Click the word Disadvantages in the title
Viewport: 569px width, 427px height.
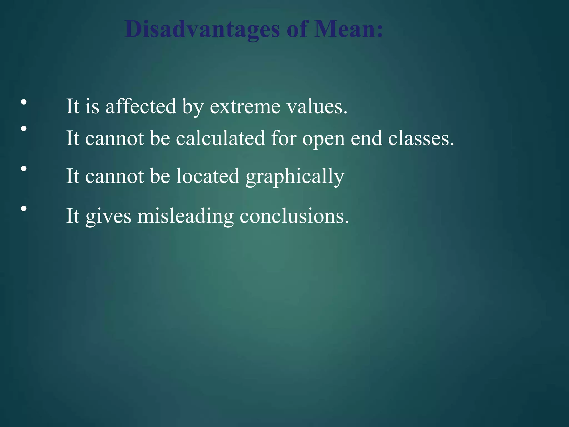[x=202, y=29]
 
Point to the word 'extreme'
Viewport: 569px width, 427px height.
[x=245, y=107]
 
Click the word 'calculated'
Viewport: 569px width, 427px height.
[x=221, y=138]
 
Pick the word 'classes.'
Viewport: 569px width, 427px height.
[x=421, y=138]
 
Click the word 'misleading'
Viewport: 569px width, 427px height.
[x=185, y=216]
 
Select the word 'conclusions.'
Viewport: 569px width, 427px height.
[x=294, y=216]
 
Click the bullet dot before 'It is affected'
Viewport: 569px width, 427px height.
[x=24, y=102]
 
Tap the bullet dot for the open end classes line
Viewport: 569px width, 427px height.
[x=24, y=128]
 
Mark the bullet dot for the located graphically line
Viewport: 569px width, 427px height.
[x=24, y=168]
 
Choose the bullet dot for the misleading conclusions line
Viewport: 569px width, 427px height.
[x=24, y=208]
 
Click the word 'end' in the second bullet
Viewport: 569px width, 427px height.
[x=366, y=138]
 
